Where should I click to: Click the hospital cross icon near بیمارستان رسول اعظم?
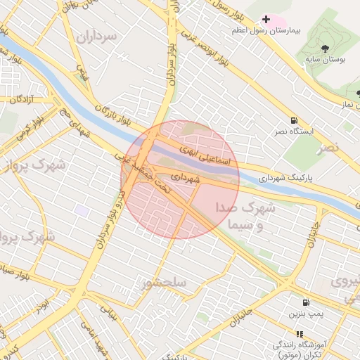[266, 19]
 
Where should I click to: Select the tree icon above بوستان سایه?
[325, 48]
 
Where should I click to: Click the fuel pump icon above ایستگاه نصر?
[293, 120]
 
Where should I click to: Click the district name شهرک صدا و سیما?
[245, 217]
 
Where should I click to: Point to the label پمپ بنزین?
[306, 313]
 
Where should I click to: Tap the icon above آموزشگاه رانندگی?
[300, 334]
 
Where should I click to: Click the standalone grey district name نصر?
[328, 147]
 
